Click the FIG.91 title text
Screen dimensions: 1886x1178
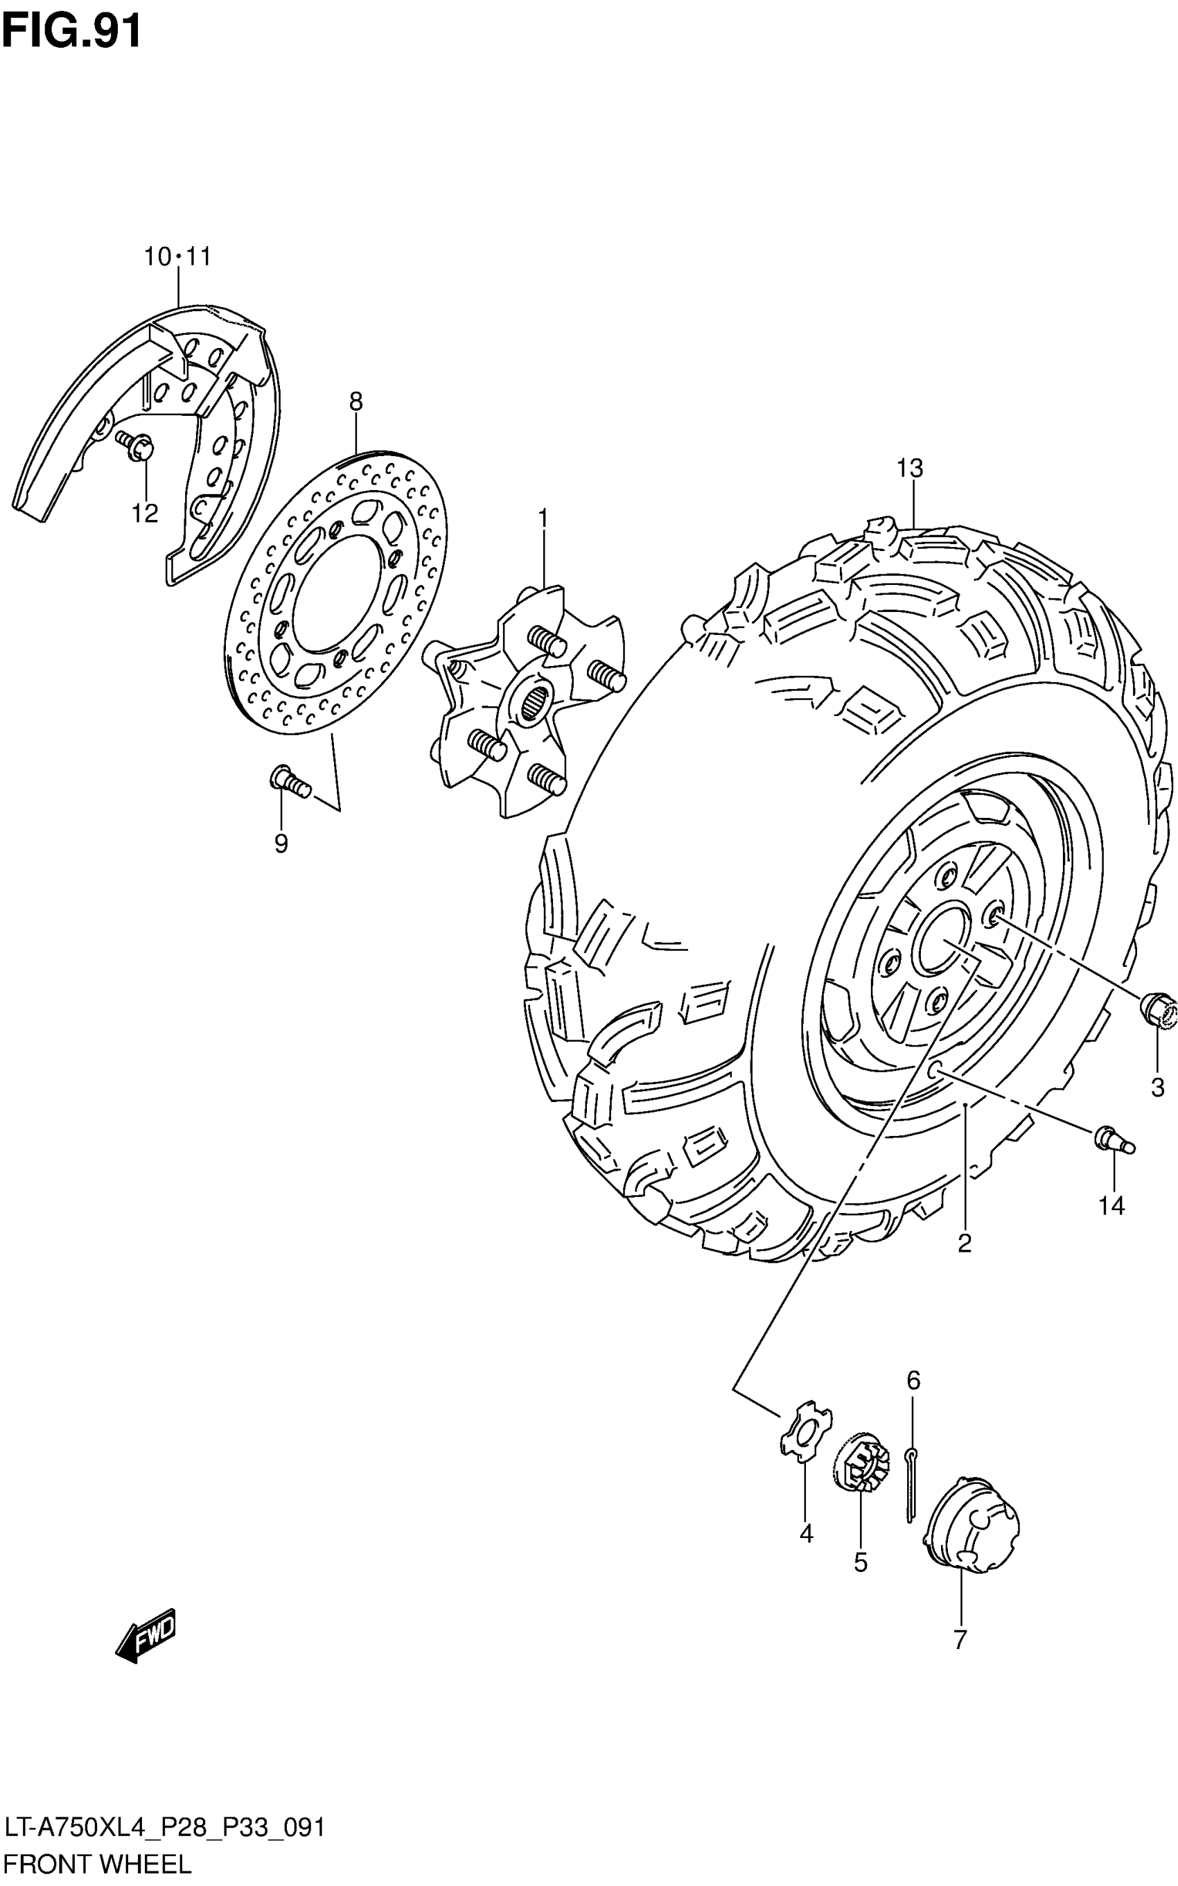(x=71, y=31)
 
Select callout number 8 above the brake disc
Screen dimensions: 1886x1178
(x=355, y=402)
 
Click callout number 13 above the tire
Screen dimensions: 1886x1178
(x=909, y=469)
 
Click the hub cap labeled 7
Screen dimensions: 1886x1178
(x=971, y=1521)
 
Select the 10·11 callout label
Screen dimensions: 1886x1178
(x=177, y=256)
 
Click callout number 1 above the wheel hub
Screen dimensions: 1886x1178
(x=543, y=518)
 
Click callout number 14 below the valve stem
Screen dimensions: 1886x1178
(x=1111, y=1207)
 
